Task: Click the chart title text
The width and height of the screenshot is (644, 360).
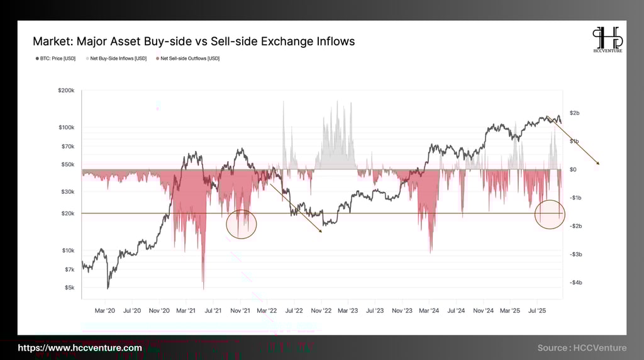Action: click(x=194, y=42)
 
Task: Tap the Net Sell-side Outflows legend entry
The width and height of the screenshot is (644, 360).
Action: click(x=187, y=59)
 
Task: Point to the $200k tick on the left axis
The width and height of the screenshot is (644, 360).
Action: click(x=66, y=91)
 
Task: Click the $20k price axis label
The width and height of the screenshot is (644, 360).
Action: click(x=67, y=213)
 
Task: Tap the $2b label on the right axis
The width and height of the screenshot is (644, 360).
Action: click(x=574, y=113)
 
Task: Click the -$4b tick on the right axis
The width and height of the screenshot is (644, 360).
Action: click(x=575, y=283)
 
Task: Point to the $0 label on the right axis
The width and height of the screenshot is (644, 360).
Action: click(x=574, y=169)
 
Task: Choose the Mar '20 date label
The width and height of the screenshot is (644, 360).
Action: click(x=105, y=310)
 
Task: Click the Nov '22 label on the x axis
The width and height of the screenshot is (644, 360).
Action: click(x=321, y=310)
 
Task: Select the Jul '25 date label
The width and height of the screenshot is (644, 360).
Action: click(x=536, y=310)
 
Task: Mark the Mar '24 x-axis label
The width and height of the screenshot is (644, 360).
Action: click(x=429, y=310)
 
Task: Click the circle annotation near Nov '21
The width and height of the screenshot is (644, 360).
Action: click(x=241, y=224)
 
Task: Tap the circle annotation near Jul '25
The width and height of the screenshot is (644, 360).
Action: click(x=550, y=214)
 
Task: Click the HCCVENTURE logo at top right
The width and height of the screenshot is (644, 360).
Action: click(x=607, y=40)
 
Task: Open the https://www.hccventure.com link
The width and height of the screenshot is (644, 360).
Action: click(x=79, y=348)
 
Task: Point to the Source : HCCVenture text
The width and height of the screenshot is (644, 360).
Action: click(x=582, y=348)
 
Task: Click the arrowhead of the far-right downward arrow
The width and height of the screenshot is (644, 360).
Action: click(x=598, y=164)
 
